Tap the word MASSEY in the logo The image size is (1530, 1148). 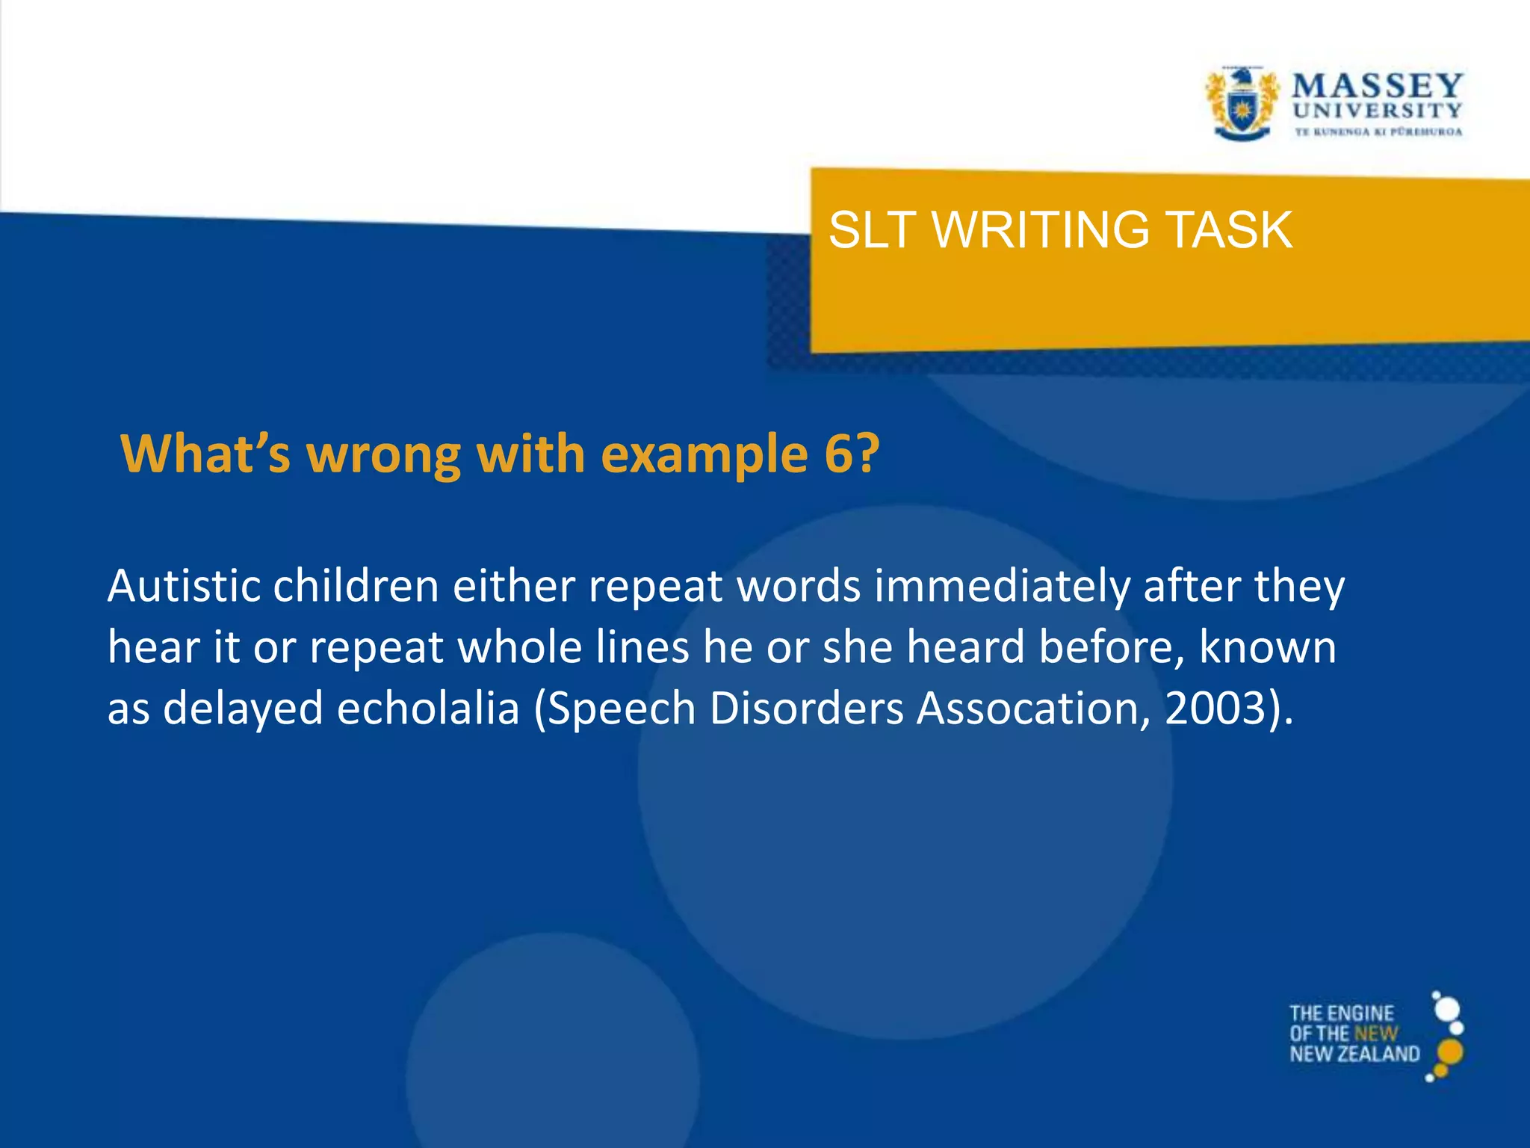coord(1377,85)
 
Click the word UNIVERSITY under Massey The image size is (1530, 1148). coord(1377,111)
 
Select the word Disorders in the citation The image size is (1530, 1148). coord(807,708)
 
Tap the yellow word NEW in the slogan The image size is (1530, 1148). coord(1375,1034)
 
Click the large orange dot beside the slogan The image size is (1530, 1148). coord(1450,1051)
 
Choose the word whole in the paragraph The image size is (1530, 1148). coord(519,646)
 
